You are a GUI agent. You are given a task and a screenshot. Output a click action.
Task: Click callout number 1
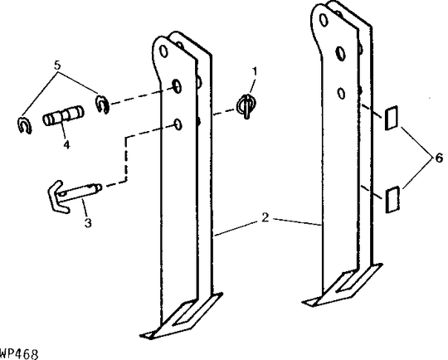coord(254,71)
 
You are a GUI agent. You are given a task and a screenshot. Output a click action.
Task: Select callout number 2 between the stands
coord(265,218)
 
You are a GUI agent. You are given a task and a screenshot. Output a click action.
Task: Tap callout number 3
coord(88,222)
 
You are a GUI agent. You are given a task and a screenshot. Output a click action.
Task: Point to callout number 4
coord(66,144)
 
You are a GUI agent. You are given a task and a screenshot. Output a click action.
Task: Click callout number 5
coord(57,66)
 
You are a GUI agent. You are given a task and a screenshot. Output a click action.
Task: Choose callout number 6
coord(439,158)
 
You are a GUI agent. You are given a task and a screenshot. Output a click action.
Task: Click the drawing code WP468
coord(19,354)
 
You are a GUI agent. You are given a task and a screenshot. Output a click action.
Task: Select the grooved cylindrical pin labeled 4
coord(63,115)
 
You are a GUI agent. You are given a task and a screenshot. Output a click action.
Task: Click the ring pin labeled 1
coord(246,105)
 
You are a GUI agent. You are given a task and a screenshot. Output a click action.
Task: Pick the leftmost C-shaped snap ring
coord(24,124)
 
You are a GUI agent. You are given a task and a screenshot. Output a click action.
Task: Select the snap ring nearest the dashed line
coord(102,104)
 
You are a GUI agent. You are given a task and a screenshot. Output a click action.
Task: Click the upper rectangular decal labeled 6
coord(392,118)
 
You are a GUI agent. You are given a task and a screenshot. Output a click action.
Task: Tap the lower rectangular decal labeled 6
coord(392,200)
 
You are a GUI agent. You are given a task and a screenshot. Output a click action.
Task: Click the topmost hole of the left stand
coord(163,51)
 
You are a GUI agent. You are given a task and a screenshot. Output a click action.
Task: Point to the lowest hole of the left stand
coord(178,124)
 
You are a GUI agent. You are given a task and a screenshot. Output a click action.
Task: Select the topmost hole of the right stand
coord(324,20)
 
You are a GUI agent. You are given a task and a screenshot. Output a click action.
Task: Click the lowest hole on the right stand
coord(341,94)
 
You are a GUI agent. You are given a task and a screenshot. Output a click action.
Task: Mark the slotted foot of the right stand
coord(343,285)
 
